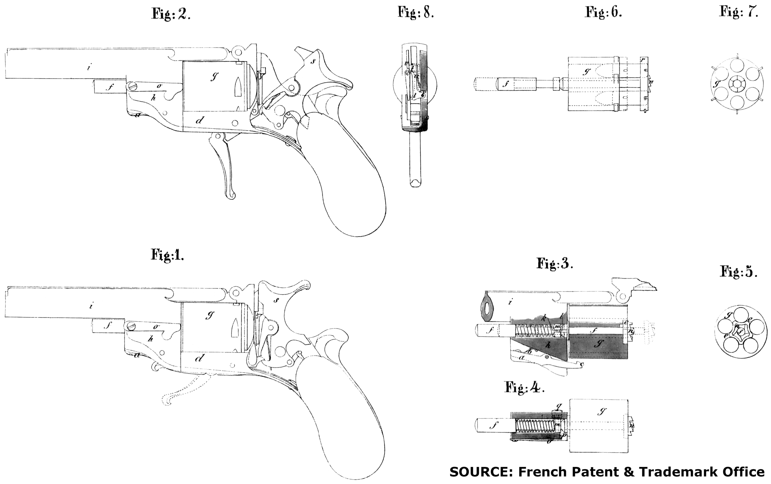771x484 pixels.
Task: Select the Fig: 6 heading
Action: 603,12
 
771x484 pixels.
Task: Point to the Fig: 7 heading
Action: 739,12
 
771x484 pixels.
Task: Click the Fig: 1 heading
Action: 167,255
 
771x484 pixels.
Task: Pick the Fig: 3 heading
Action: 554,264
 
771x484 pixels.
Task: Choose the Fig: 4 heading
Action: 524,387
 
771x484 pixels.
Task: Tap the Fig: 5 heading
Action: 738,272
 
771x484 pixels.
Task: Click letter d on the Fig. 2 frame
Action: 200,120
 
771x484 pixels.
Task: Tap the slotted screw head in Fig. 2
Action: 133,86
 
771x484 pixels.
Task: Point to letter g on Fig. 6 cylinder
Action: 586,72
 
